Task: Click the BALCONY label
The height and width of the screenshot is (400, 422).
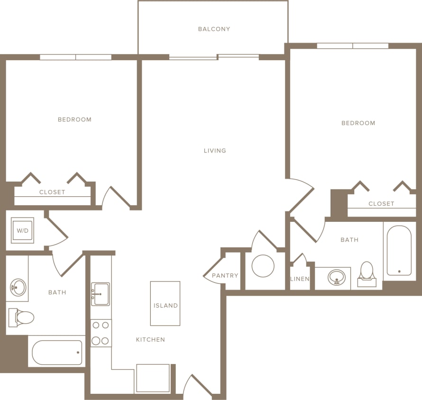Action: (214, 29)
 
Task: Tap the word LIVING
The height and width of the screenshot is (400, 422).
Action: (215, 151)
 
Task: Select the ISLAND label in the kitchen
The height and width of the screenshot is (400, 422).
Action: (165, 306)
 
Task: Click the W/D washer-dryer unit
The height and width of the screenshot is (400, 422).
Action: (22, 231)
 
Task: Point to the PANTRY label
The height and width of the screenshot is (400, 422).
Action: (225, 275)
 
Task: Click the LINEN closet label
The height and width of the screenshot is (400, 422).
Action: (300, 279)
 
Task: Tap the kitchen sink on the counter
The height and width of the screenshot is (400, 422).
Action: (101, 294)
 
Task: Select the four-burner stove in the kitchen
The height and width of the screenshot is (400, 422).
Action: (101, 333)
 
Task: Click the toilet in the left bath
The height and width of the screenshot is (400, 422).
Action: (22, 317)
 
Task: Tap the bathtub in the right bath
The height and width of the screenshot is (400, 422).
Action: (399, 250)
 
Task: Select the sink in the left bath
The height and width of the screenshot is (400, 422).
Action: (18, 287)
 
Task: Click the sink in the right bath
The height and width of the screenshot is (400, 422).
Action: (337, 277)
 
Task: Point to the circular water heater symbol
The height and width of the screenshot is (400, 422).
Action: (263, 266)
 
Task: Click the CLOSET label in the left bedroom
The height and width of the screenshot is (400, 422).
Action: (52, 192)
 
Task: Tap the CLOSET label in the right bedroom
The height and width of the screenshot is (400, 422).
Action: (381, 204)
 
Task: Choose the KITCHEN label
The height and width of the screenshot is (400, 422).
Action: (150, 339)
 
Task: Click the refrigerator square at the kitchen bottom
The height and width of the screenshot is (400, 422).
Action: (153, 378)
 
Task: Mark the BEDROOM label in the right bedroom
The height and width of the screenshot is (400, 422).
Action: (358, 123)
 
